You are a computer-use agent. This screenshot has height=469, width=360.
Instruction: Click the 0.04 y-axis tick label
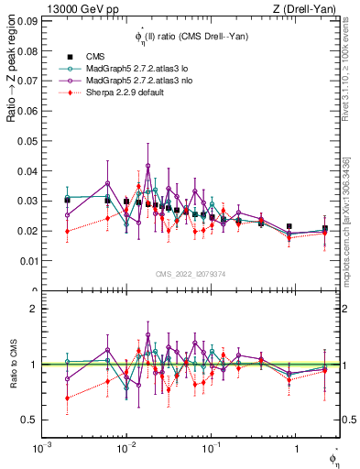27,171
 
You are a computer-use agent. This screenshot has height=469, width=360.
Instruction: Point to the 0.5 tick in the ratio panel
28,420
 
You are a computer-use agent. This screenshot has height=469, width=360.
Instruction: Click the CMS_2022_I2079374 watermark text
191,273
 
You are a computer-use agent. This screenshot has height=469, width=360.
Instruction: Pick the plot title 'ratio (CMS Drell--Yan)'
202,36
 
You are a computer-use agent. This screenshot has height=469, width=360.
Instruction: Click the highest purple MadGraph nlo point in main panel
148,166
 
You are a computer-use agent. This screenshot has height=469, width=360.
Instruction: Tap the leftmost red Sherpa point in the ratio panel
67,398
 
